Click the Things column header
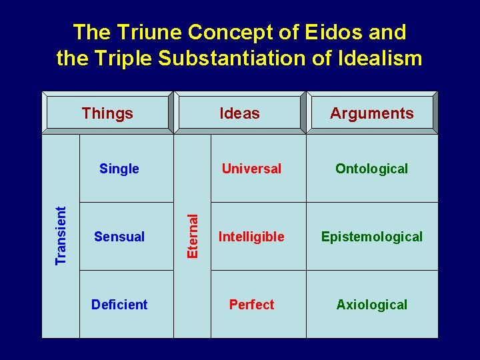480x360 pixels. tap(107, 113)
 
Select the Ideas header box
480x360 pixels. tap(239, 113)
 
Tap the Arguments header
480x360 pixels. tap(371, 113)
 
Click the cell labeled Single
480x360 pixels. tap(119, 169)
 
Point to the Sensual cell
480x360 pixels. tap(119, 237)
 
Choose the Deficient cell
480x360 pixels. tap(119, 305)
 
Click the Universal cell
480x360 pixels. tap(251, 169)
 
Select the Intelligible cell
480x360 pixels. tap(251, 237)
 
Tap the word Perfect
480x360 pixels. tap(251, 305)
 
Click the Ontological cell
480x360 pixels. tap(371, 169)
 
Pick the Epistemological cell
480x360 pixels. tap(371, 237)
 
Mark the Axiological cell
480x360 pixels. tap(371, 305)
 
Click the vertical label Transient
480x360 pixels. tap(61, 235)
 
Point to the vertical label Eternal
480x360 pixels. tap(193, 235)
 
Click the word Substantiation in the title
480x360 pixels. tap(233, 59)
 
